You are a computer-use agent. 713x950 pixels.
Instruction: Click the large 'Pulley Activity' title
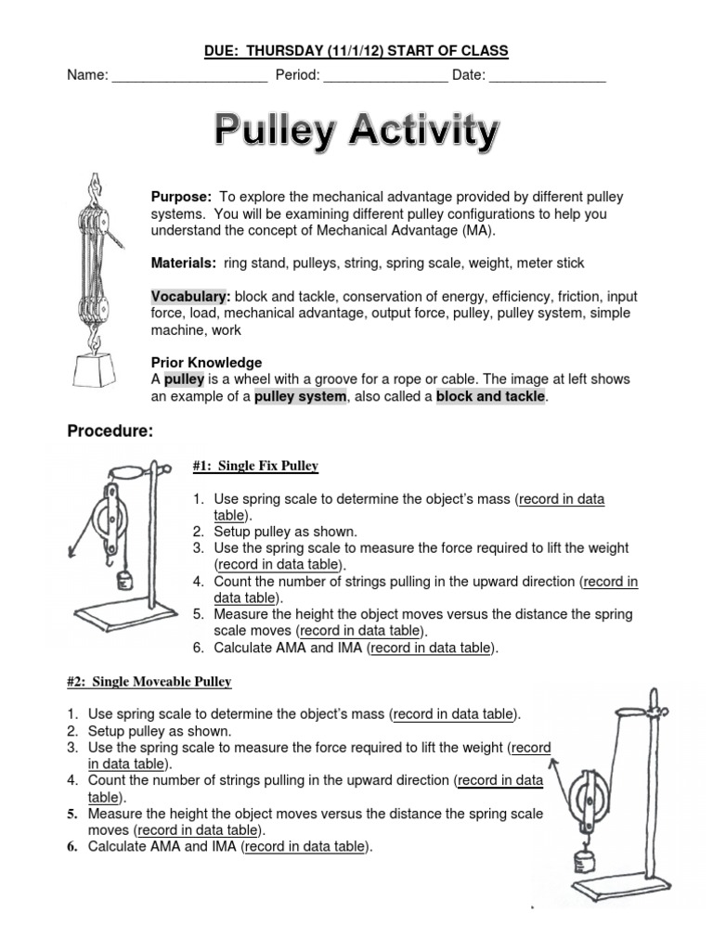pos(356,132)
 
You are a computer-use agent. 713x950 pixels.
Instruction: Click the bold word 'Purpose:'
pos(182,198)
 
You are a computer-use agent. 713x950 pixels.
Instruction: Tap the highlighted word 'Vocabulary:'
pos(191,297)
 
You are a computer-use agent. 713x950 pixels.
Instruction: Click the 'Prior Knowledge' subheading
pos(206,363)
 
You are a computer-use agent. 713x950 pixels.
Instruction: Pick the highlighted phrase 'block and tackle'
pos(491,397)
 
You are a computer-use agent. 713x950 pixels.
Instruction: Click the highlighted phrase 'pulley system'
pos(300,397)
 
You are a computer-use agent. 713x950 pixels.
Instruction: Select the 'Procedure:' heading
pos(110,432)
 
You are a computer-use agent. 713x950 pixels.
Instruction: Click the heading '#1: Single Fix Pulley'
pos(255,466)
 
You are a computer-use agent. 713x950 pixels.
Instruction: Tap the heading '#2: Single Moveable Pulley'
pos(149,682)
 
